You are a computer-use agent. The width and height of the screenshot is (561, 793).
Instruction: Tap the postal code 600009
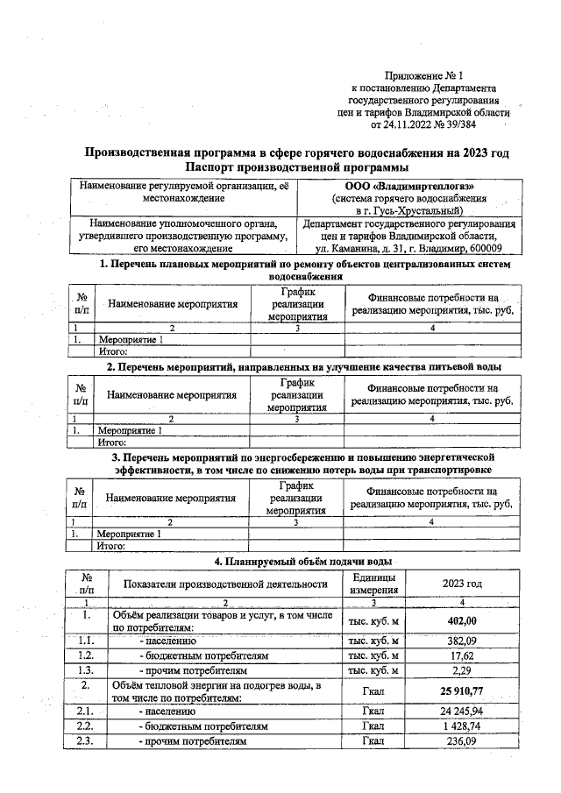491,249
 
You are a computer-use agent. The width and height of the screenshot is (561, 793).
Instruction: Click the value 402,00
462,621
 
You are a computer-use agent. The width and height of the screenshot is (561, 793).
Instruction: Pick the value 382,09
462,641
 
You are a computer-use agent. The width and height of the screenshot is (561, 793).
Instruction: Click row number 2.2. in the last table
86,726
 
